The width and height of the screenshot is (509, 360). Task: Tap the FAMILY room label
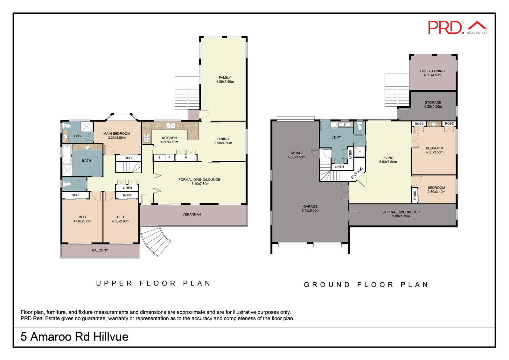[x=225, y=78]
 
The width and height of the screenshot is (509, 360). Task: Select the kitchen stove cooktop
[x=147, y=138]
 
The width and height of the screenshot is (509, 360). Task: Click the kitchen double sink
[x=171, y=125]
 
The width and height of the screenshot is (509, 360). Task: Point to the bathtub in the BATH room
[x=67, y=154]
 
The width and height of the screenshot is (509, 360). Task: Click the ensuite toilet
[x=67, y=125]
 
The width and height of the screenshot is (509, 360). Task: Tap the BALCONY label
[x=100, y=251]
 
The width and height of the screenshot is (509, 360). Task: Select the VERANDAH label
[x=192, y=215]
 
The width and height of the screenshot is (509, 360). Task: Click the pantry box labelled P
[x=186, y=158]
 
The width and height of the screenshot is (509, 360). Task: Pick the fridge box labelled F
[x=170, y=158]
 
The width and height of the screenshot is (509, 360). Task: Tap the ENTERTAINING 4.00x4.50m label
[x=432, y=73]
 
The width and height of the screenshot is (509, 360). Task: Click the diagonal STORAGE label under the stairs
[x=357, y=173]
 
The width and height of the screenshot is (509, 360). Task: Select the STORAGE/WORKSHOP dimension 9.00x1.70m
[x=401, y=216]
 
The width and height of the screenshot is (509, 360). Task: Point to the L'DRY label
[x=336, y=138]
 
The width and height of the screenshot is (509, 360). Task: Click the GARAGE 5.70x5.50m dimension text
[x=310, y=211]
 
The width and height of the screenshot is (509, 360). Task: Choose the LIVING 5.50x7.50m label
[x=388, y=160]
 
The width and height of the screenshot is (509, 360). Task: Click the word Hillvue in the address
[x=111, y=337]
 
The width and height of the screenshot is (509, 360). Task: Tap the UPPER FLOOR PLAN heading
[x=154, y=283]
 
